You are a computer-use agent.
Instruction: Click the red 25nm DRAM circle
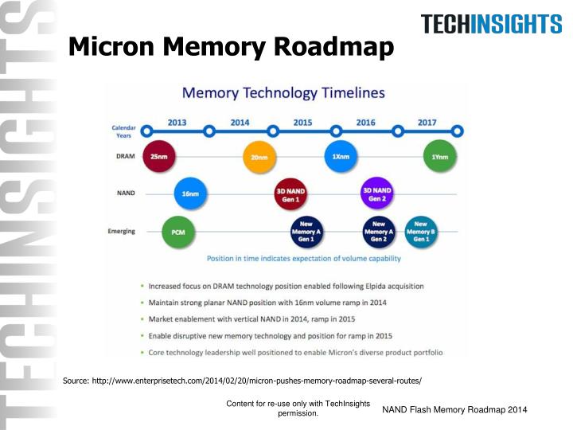(x=159, y=157)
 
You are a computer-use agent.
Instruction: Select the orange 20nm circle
(x=259, y=157)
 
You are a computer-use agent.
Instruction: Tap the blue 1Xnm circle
(x=341, y=156)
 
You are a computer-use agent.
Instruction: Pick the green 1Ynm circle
(x=440, y=157)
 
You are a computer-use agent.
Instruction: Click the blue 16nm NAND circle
(x=192, y=193)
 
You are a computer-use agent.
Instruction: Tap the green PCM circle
(x=178, y=232)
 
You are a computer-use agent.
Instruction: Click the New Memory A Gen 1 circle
(x=307, y=232)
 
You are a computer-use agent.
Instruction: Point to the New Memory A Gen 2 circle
(x=379, y=232)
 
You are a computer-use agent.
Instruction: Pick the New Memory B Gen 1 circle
(x=420, y=232)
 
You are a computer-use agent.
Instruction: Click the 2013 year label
(x=177, y=123)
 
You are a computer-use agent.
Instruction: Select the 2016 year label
(x=366, y=123)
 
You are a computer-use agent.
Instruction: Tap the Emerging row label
(x=121, y=232)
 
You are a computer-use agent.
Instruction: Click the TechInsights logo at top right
(x=491, y=24)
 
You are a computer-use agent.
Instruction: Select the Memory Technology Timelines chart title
(x=283, y=92)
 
